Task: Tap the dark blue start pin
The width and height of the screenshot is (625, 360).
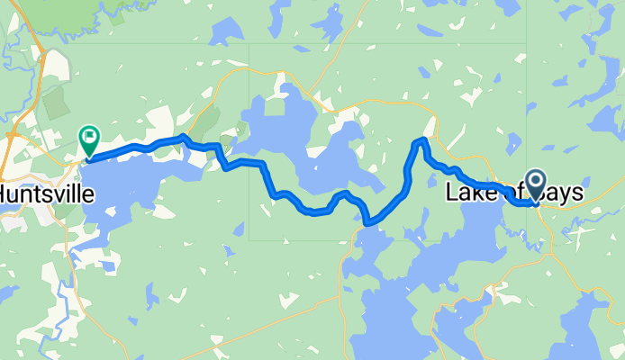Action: coord(535,184)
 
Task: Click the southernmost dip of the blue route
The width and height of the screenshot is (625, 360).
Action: coord(369,221)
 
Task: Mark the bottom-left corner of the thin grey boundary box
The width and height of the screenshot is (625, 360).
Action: coord(249,240)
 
